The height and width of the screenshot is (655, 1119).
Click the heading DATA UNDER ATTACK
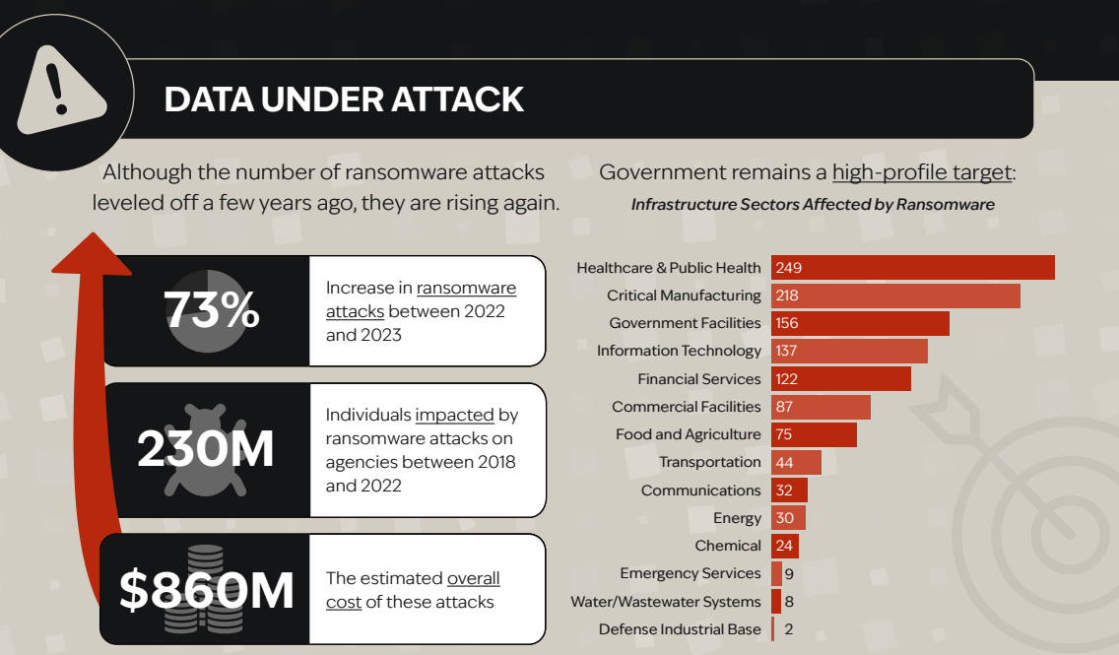click(344, 99)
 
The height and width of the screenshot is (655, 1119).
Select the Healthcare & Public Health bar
click(912, 268)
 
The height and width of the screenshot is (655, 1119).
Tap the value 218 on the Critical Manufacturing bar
click(786, 295)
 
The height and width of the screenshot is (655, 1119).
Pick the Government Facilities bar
click(860, 323)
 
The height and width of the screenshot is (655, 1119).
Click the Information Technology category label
click(679, 351)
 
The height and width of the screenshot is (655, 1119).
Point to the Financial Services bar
click(840, 379)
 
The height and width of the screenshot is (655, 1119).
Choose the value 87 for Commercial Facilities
click(785, 407)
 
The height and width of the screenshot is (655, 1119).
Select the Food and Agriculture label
click(688, 434)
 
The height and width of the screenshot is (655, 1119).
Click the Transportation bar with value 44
click(796, 462)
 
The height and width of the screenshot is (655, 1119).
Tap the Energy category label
click(737, 518)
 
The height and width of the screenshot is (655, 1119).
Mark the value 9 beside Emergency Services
click(789, 573)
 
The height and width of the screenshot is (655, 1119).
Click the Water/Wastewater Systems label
click(666, 602)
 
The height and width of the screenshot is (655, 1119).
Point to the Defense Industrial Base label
click(680, 629)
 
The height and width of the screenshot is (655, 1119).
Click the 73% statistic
click(211, 311)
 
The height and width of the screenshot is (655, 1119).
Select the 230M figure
click(206, 449)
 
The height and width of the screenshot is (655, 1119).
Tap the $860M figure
click(207, 589)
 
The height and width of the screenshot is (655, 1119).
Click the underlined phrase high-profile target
click(922, 172)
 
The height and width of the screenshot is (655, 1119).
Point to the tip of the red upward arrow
click(93, 239)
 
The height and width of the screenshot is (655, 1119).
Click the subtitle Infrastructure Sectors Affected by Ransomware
click(813, 205)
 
